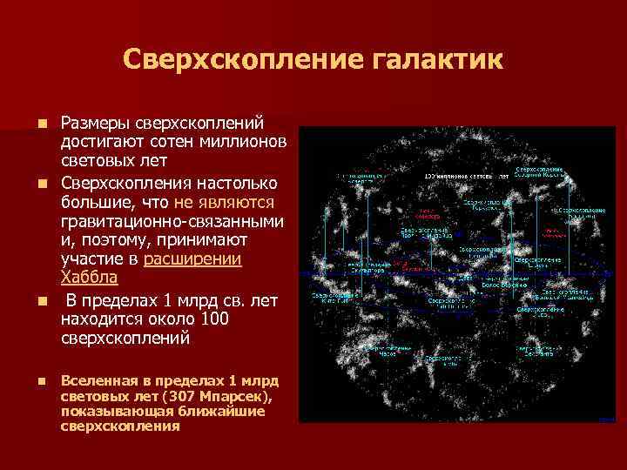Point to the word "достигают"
point(98,142)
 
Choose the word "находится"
point(98,319)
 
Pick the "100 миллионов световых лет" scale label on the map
point(462,177)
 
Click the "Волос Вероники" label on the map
point(505,284)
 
